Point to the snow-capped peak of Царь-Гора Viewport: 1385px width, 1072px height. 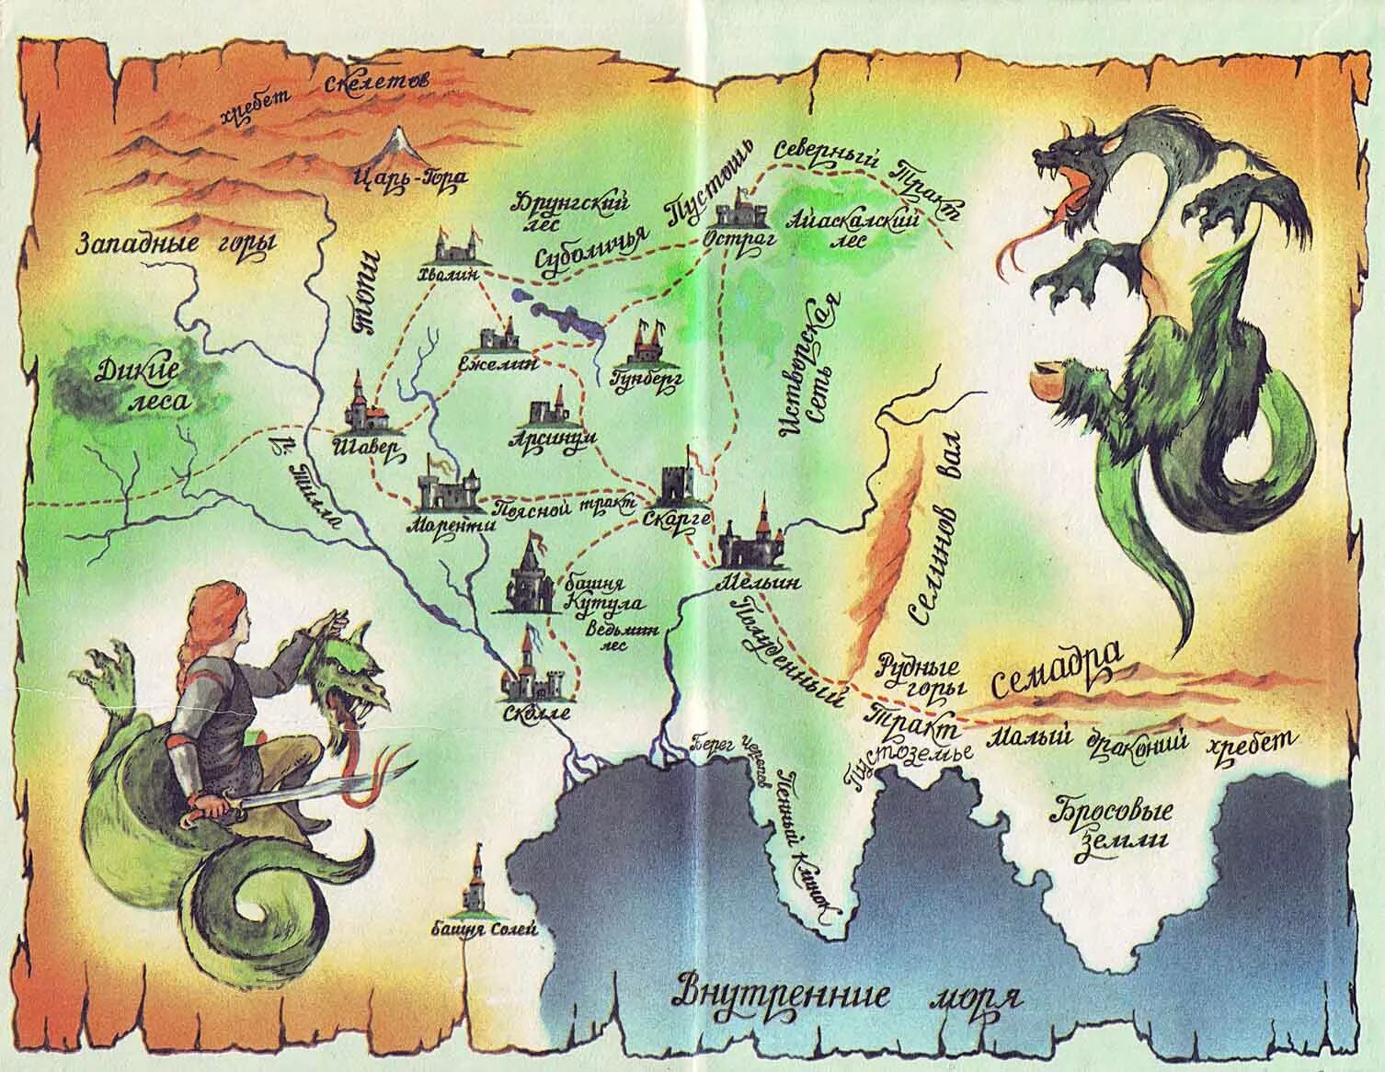(x=402, y=140)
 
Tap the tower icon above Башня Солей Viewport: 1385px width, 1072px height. (x=477, y=884)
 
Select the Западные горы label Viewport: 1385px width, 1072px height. (x=177, y=243)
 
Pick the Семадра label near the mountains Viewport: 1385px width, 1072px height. (x=1058, y=669)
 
